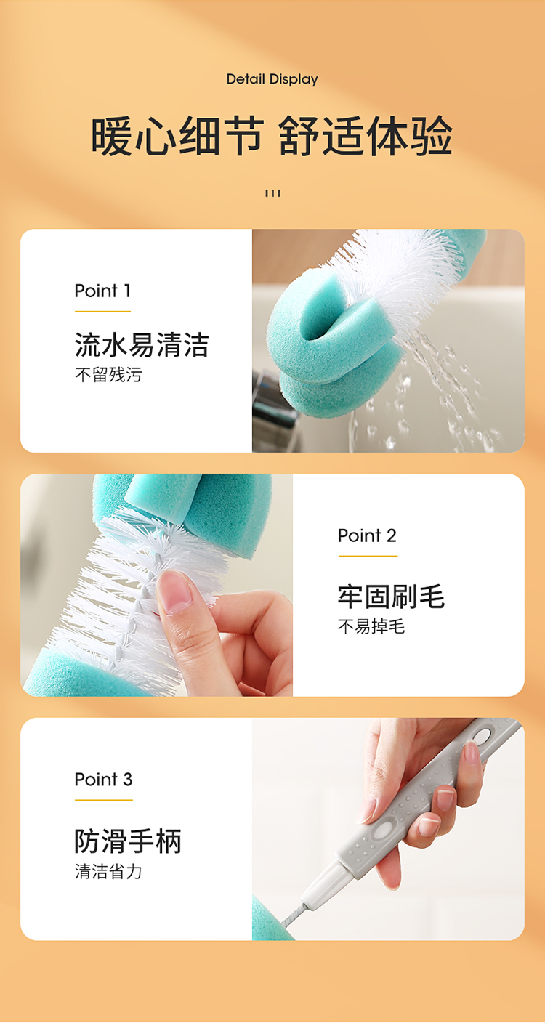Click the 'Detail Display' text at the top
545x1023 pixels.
[272, 79]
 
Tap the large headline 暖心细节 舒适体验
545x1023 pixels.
[272, 136]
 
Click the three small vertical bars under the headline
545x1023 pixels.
[272, 193]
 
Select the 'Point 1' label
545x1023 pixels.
[102, 291]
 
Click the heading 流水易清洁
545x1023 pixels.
[142, 344]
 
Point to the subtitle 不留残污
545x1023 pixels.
[108, 375]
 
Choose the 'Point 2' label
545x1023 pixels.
[367, 535]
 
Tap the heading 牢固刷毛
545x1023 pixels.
[391, 597]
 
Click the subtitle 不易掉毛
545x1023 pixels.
[371, 626]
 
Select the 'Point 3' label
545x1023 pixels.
[104, 780]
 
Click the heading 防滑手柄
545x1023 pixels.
[128, 841]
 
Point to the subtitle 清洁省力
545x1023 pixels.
[108, 871]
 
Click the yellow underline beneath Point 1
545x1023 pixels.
[102, 312]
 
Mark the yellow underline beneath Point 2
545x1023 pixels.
[368, 556]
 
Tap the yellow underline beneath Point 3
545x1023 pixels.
[104, 800]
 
